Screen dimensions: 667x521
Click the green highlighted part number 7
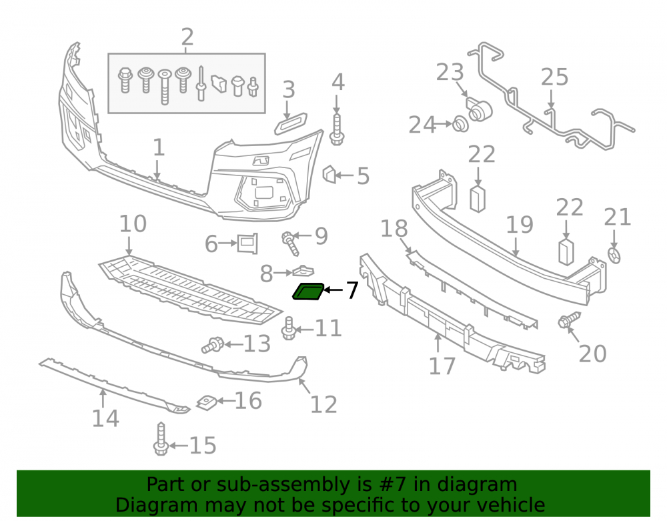(x=308, y=291)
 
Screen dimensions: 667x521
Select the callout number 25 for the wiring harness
(x=555, y=77)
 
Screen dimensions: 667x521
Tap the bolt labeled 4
(x=337, y=129)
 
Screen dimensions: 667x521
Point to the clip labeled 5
(x=329, y=174)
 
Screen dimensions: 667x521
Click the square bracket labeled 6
(x=247, y=243)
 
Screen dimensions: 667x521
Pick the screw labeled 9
(x=290, y=243)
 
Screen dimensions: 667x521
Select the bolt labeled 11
(x=289, y=328)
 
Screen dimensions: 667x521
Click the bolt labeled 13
(x=213, y=345)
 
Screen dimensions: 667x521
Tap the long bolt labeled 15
(x=161, y=438)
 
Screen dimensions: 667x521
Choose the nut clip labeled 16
(x=207, y=402)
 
